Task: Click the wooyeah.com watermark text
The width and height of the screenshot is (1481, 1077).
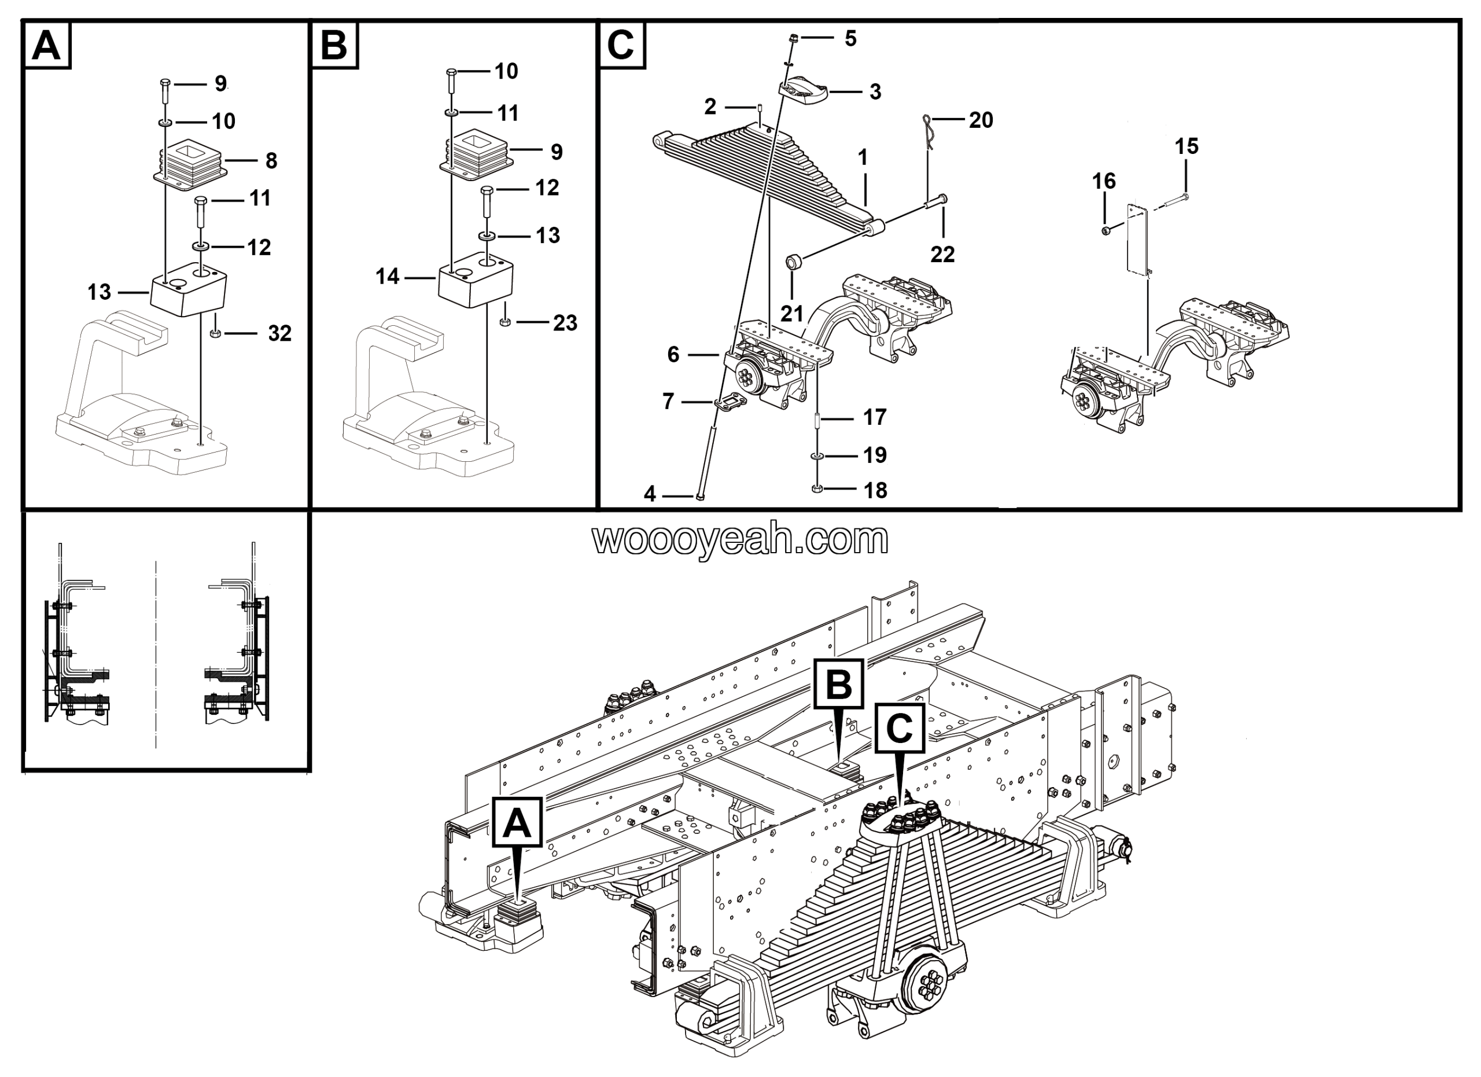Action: pyautogui.click(x=740, y=539)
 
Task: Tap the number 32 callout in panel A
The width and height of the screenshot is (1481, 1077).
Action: pyautogui.click(x=279, y=334)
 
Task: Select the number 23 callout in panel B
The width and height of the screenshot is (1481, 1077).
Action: pyautogui.click(x=565, y=323)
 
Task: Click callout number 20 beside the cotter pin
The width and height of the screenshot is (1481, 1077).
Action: pyautogui.click(x=980, y=120)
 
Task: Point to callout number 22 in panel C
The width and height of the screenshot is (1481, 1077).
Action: pyautogui.click(x=942, y=254)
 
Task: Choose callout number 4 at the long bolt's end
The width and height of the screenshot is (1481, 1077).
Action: pyautogui.click(x=650, y=494)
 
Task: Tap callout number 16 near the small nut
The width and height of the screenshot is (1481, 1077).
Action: pyautogui.click(x=1104, y=181)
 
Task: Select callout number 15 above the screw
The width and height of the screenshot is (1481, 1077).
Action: pyautogui.click(x=1187, y=146)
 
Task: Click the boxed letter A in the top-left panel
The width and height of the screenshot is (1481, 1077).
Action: pyautogui.click(x=46, y=46)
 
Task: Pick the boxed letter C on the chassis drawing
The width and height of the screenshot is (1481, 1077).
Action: pyautogui.click(x=899, y=728)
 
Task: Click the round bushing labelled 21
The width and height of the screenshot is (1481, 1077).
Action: pyautogui.click(x=793, y=263)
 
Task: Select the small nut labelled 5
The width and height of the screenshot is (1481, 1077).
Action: pyautogui.click(x=792, y=39)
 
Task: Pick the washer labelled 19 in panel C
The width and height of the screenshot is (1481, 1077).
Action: pyautogui.click(x=817, y=455)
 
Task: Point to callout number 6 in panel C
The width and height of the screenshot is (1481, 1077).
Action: pyautogui.click(x=673, y=355)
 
